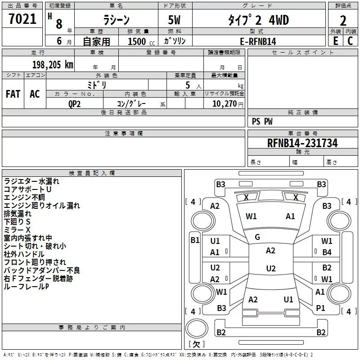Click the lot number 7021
[22, 19]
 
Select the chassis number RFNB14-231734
[302, 144]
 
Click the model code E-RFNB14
[258, 41]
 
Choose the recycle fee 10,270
[224, 103]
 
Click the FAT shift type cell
[13, 94]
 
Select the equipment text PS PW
[262, 121]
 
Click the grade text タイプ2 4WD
[257, 20]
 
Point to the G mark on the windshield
[257, 237]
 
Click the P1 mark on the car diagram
[320, 308]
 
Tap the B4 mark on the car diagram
[327, 252]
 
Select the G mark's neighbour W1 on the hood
[251, 216]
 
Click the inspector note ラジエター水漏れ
[31, 181]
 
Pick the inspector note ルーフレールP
[26, 286]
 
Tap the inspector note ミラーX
[17, 229]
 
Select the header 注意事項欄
[123, 134]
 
